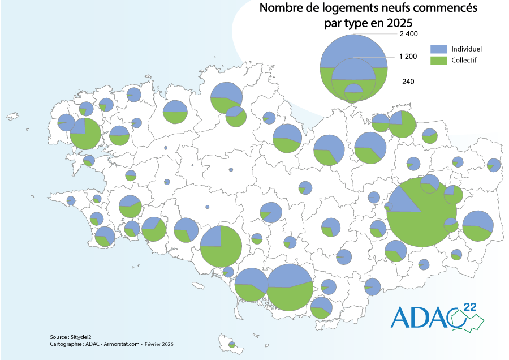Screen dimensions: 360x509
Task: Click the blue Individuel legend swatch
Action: [438, 49]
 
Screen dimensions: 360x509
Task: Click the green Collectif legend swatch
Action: [438, 60]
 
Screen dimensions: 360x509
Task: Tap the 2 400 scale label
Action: [408, 34]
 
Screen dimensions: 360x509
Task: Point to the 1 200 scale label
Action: [408, 56]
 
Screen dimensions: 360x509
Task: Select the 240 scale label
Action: [408, 82]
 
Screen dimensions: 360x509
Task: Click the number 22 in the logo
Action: [469, 307]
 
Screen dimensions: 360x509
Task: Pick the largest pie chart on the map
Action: [422, 212]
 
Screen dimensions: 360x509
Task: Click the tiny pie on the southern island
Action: [232, 344]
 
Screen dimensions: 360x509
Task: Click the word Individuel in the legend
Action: [467, 49]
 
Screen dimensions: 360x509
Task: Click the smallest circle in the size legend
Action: [353, 91]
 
